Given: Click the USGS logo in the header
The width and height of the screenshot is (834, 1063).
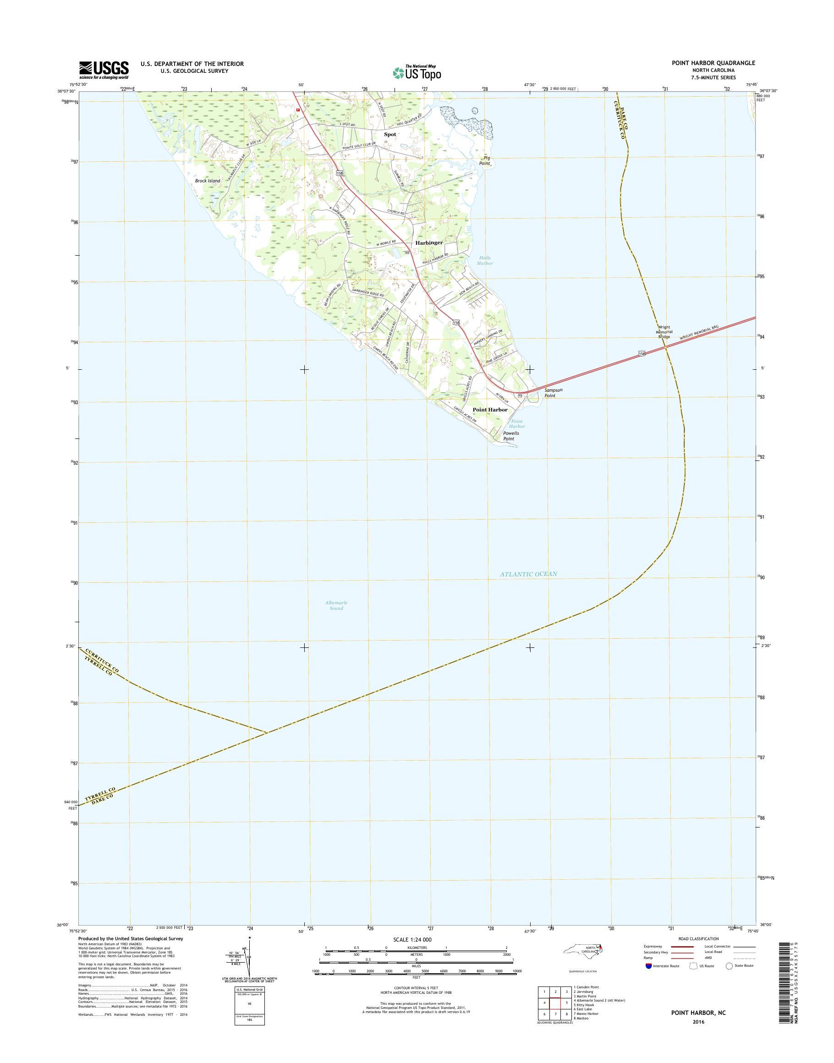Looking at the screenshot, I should (x=104, y=70).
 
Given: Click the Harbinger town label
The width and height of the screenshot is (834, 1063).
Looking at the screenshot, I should (x=429, y=242).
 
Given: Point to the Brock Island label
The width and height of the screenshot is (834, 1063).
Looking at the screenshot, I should (x=208, y=181).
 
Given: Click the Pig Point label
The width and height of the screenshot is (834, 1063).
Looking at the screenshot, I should (x=484, y=161).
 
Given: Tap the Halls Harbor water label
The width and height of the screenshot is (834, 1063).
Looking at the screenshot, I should (x=485, y=260).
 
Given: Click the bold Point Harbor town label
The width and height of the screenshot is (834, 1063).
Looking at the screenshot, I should (x=489, y=409).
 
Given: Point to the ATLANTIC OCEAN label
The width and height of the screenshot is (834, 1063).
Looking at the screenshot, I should (x=528, y=574).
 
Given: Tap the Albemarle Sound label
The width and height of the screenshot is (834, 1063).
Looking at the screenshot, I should (x=336, y=605).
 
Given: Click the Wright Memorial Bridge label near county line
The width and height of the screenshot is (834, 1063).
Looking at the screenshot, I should (x=664, y=332).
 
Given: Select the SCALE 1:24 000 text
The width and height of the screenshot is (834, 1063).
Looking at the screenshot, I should (x=412, y=939).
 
